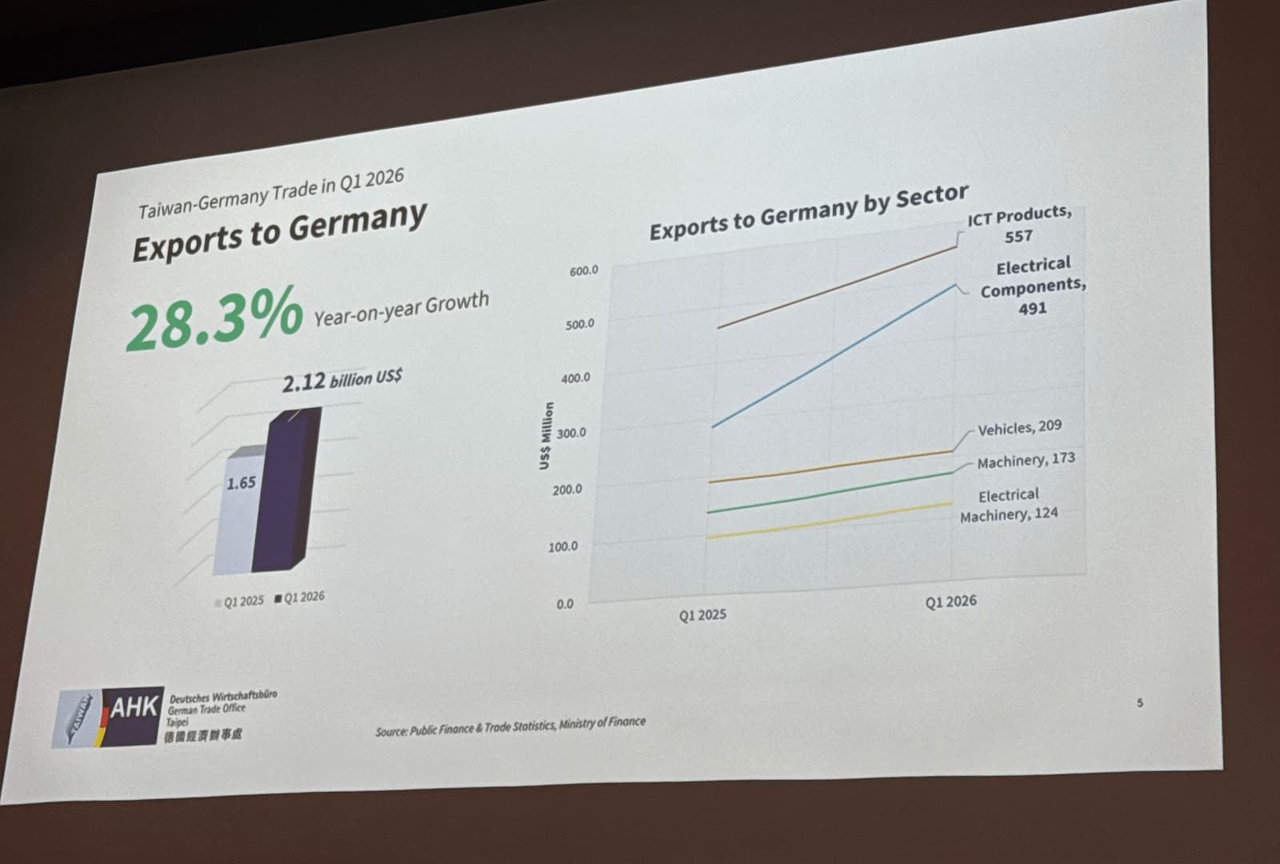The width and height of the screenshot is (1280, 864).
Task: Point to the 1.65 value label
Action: pyautogui.click(x=241, y=483)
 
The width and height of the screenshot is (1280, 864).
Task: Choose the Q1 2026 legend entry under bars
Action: pyautogui.click(x=300, y=597)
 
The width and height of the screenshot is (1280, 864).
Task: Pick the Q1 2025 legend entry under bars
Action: pyautogui.click(x=239, y=601)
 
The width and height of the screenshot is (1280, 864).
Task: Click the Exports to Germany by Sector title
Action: pyautogui.click(x=808, y=211)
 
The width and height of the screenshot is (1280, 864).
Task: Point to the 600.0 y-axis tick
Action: pyautogui.click(x=583, y=271)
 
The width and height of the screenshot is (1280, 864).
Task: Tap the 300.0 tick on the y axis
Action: pyautogui.click(x=571, y=433)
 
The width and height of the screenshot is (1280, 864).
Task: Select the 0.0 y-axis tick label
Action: pyautogui.click(x=565, y=604)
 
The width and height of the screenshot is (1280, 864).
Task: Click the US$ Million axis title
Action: pyautogui.click(x=546, y=436)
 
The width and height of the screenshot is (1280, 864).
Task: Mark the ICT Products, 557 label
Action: pyautogui.click(x=1018, y=225)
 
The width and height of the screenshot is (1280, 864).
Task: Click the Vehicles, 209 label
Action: pyautogui.click(x=1019, y=428)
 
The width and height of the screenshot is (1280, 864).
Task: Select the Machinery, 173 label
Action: pyautogui.click(x=1026, y=461)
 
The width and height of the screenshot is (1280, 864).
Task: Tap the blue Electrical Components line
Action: pyautogui.click(x=832, y=356)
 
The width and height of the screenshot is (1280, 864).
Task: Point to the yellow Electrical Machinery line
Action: pyautogui.click(x=832, y=521)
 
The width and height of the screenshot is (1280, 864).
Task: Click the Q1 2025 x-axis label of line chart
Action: pyautogui.click(x=702, y=614)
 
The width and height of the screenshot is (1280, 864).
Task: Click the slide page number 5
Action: pyautogui.click(x=1140, y=703)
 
